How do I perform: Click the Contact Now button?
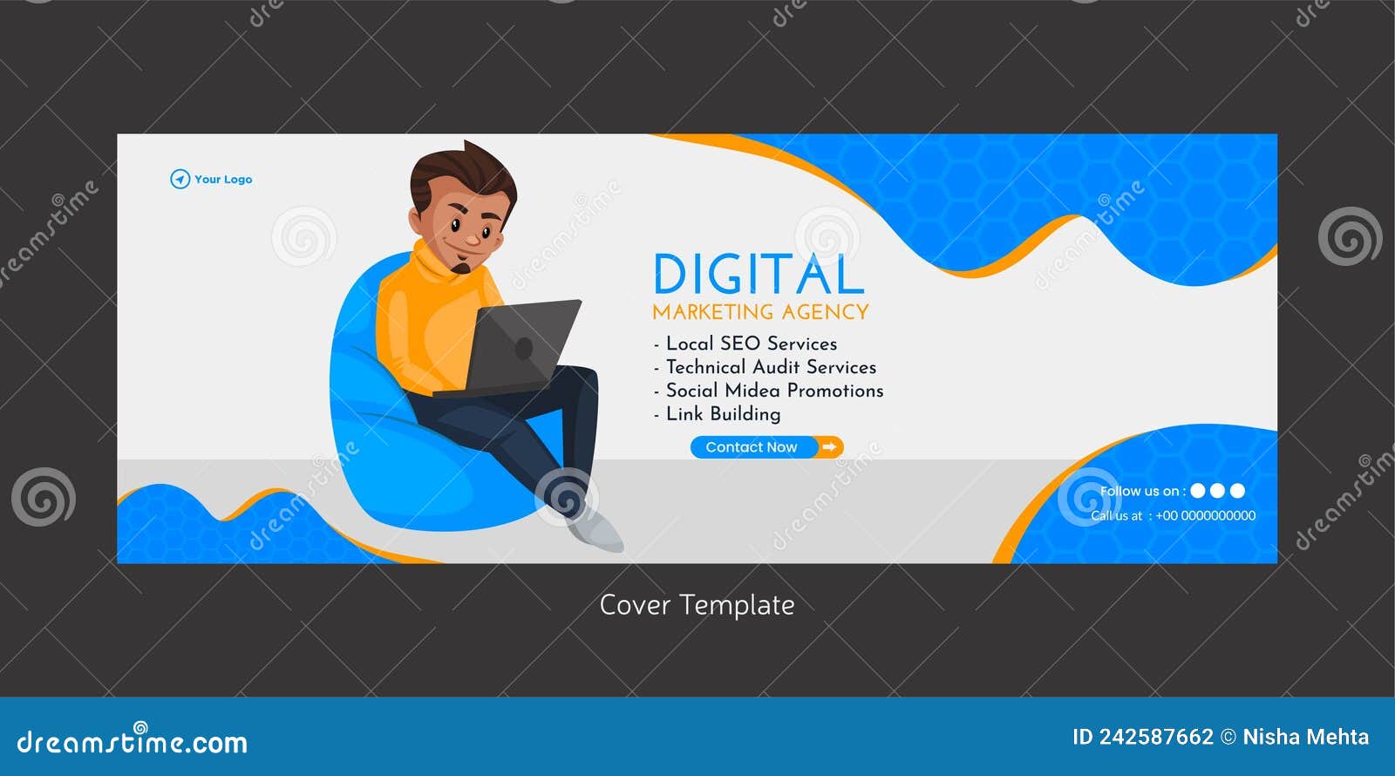coord(752,447)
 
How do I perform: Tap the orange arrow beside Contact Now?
coord(830,447)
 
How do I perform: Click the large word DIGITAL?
coord(758,275)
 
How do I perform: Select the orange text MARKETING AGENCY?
coord(760,312)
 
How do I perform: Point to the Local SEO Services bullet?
coord(751,344)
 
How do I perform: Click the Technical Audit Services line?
coord(771,367)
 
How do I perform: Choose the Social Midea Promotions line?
coord(774,391)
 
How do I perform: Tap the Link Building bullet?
coord(723,414)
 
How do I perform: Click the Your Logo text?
coord(223,180)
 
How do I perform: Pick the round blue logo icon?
coord(180,180)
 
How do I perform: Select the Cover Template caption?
coord(697,605)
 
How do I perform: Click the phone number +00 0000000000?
coord(1205,516)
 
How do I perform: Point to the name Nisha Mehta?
coord(1305,738)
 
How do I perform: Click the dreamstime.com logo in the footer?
coord(133,741)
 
